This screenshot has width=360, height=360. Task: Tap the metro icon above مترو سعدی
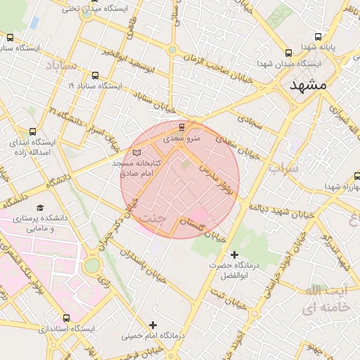(x=183, y=127)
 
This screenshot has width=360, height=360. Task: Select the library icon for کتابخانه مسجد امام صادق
(x=136, y=153)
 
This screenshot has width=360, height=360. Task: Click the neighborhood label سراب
(x=283, y=168)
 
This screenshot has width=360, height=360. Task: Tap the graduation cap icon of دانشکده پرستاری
(x=40, y=208)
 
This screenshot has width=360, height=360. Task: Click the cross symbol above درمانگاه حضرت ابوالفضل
(x=234, y=254)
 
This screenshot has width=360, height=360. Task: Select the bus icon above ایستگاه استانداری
(x=66, y=318)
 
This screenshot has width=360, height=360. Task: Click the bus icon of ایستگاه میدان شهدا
(x=288, y=53)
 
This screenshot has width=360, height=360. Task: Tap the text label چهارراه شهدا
(x=342, y=186)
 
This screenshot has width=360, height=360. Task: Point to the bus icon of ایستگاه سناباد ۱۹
(x=95, y=75)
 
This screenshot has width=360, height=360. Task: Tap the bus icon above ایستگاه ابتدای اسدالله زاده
(x=33, y=131)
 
